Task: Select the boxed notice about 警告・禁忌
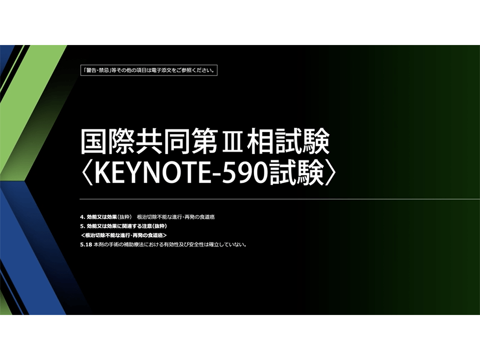tap(149, 70)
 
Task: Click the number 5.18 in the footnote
tap(86, 245)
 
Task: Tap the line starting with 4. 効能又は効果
tap(147, 217)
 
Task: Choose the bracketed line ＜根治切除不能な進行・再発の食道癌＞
tap(124, 235)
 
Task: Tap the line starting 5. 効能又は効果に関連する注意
tap(123, 226)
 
